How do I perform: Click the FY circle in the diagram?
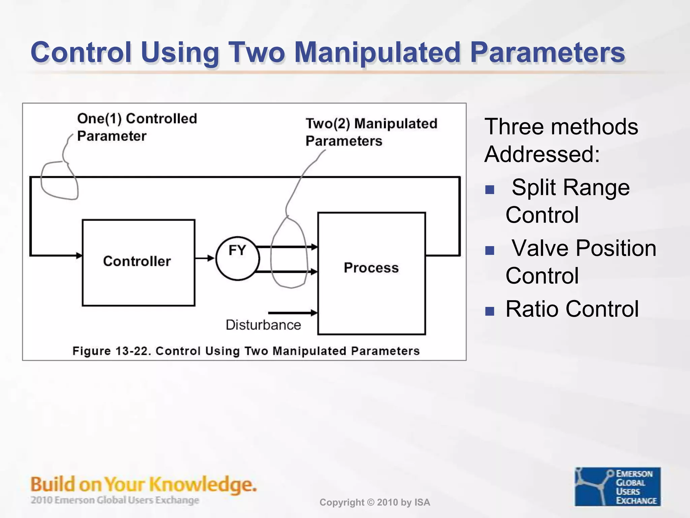238,258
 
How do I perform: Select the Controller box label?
137,261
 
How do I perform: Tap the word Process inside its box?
371,268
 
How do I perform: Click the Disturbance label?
263,325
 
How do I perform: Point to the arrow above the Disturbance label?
292,313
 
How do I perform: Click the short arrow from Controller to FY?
205,258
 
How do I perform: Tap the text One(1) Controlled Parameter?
136,127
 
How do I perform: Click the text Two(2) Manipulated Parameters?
371,132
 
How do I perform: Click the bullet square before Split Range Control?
490,190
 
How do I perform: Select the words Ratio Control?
572,309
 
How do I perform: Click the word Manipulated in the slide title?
377,52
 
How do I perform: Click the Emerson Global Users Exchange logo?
617,486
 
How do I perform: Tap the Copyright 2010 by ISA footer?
375,502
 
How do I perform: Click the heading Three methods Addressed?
561,140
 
